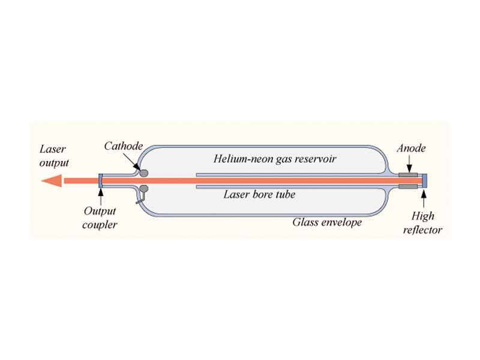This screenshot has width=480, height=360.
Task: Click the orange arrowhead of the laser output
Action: (51, 180)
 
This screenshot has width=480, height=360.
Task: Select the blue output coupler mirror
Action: (101, 180)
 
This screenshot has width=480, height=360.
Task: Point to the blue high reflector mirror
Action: (425, 180)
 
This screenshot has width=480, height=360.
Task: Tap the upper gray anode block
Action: (409, 175)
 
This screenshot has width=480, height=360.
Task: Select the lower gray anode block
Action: (409, 187)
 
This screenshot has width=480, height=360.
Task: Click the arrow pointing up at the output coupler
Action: (101, 198)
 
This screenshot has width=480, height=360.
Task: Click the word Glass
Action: (305, 222)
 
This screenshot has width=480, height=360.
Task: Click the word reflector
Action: (424, 230)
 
